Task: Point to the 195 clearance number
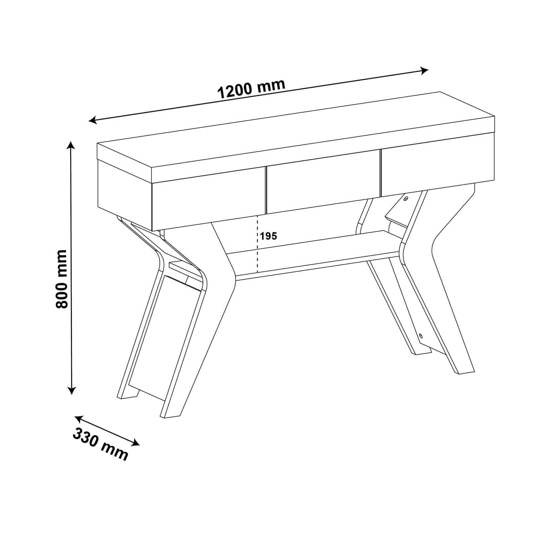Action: (x=269, y=236)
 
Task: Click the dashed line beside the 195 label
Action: (x=257, y=243)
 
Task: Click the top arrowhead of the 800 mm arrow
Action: (x=70, y=145)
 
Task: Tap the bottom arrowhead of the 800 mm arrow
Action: (x=71, y=390)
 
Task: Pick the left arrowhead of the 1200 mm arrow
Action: (x=93, y=120)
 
